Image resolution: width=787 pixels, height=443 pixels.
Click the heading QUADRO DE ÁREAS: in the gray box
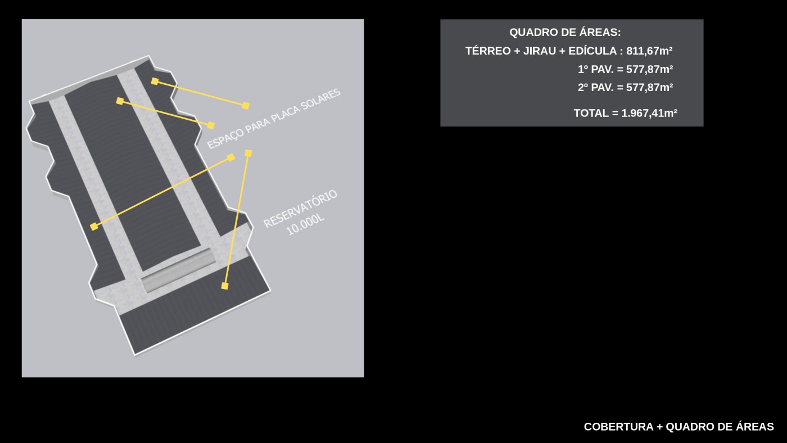565,32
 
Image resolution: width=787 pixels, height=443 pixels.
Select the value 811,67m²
649,51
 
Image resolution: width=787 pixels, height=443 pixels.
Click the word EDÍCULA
592,51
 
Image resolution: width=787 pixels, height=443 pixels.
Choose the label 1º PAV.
595,70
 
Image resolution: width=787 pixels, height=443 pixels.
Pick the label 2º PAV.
595,88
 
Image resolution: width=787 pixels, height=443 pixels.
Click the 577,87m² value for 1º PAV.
650,70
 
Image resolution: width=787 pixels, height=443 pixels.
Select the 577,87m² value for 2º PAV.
650,88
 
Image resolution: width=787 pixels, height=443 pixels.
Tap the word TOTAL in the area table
591,113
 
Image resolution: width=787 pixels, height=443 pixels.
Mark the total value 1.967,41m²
649,113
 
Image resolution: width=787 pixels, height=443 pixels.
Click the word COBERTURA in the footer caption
619,427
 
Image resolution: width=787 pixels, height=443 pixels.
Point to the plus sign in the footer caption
659,427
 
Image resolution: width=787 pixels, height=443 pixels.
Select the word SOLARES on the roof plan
321,100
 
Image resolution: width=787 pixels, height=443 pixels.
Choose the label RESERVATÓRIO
300,209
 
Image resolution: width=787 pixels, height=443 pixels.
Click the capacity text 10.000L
305,225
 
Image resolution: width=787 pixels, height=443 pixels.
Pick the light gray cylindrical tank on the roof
179,270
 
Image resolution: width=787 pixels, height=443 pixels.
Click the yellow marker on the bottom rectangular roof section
225,286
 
